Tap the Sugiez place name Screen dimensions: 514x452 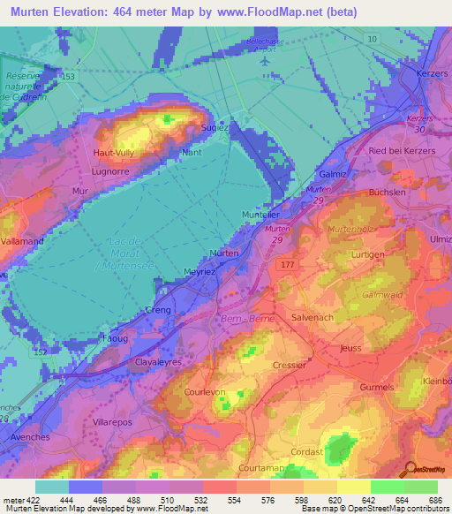click(x=216, y=127)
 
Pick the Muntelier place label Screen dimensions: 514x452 click(x=260, y=214)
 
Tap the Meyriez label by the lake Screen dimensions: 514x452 click(x=200, y=272)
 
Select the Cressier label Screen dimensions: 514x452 click(x=289, y=365)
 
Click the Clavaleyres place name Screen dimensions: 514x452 click(x=158, y=361)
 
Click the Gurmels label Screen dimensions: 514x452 click(x=378, y=388)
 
